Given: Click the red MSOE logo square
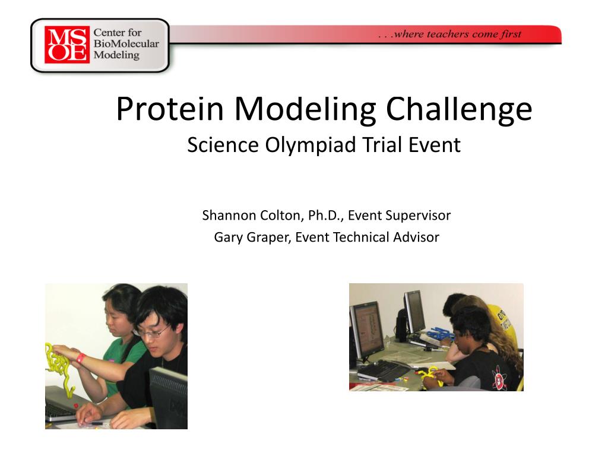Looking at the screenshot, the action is tap(67, 45).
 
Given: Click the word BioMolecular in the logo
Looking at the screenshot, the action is tap(126, 43).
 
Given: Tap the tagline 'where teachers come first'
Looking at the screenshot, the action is tap(458, 34).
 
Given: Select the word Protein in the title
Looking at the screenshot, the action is tap(170, 109).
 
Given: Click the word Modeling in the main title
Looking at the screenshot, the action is tap(305, 110).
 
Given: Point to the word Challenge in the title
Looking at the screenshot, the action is tap(459, 110).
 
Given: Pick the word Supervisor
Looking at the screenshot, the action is tap(418, 216).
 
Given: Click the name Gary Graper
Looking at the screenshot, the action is tap(252, 237).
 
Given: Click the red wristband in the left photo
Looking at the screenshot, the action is tap(81, 357).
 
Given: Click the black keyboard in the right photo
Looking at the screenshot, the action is tap(380, 369).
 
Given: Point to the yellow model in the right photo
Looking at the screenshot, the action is tap(430, 376).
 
